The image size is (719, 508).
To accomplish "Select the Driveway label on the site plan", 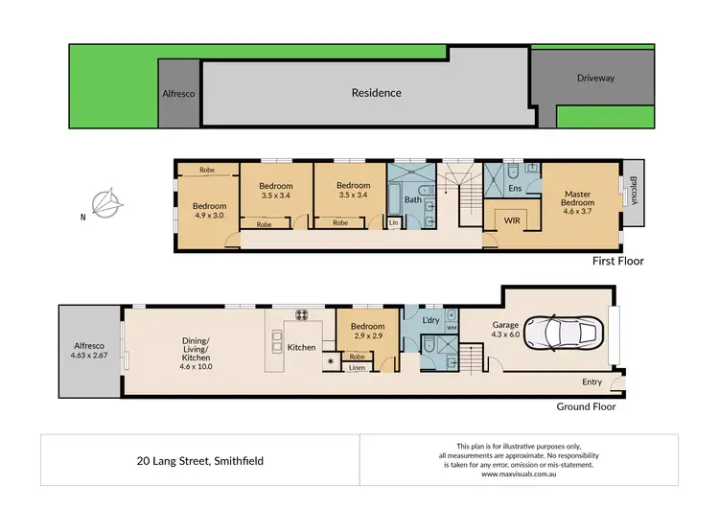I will [595, 79].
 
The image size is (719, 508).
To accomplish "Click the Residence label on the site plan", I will [376, 93].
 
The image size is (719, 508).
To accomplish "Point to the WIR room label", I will [512, 220].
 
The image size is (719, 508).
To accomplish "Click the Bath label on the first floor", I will [412, 199].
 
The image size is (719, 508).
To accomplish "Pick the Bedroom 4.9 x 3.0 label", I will [208, 211].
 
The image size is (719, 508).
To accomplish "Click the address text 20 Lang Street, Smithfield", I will [200, 460].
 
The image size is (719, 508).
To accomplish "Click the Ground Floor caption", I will [587, 406].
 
